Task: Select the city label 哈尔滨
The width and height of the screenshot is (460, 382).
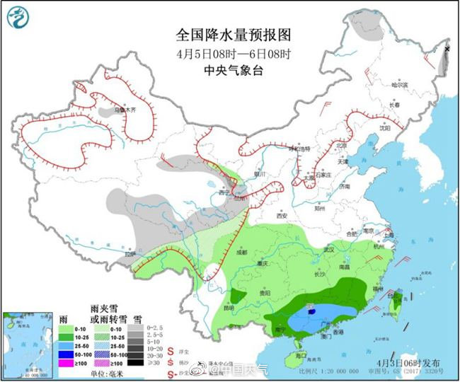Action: [x=401, y=84]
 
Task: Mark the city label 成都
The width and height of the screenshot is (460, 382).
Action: [x=242, y=252]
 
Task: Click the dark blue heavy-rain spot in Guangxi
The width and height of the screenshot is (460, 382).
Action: [x=312, y=309]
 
